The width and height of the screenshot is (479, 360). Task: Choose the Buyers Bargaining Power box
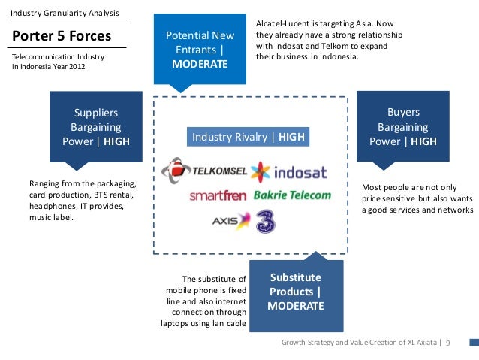click(x=403, y=127)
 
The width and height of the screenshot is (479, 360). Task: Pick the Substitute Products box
click(x=295, y=292)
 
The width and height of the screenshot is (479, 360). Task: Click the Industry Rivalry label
click(x=248, y=137)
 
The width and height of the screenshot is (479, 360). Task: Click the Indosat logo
click(x=290, y=171)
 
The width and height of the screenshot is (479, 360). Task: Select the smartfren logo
click(x=218, y=196)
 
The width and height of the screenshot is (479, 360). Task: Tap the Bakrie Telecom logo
click(x=293, y=195)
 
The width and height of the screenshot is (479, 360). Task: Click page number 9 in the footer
click(x=447, y=343)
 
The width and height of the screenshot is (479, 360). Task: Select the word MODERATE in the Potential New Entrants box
click(x=200, y=64)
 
